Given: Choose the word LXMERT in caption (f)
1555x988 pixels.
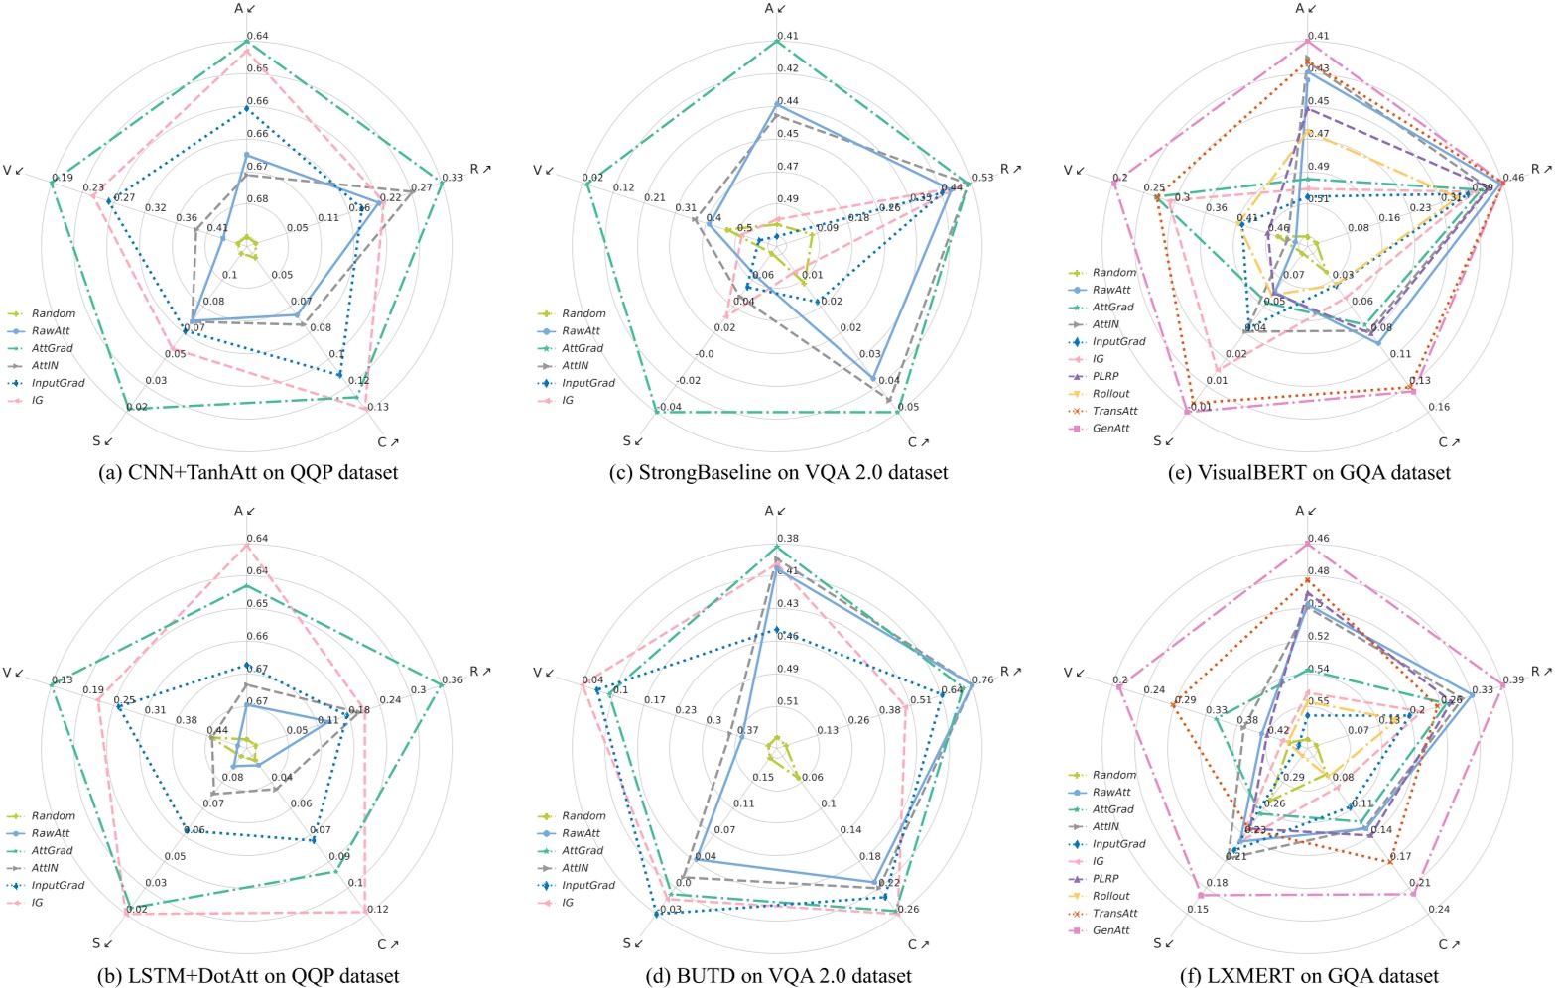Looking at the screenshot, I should pos(1244,976).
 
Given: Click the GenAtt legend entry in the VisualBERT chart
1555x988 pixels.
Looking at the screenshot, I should pos(1110,429).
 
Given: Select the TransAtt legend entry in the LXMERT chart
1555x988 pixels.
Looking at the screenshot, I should pos(1114,914).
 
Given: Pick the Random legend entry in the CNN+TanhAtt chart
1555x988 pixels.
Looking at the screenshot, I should pos(53,313).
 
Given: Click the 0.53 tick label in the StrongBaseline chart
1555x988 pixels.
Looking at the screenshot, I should pos(982,179).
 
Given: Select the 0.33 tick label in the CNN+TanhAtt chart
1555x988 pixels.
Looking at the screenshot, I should pos(452,179).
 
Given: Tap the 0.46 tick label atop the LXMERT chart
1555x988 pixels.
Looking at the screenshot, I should pos(1318,539).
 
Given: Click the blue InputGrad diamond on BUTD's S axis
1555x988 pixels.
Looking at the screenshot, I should pos(657,914).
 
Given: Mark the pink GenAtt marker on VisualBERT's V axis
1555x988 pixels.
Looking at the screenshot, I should pos(1116,181).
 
